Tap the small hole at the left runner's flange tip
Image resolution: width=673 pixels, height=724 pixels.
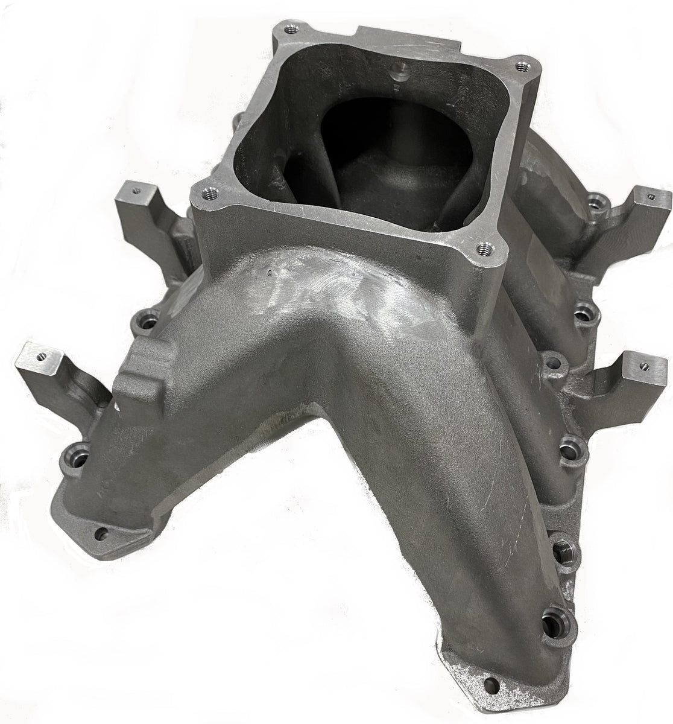(101, 533)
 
